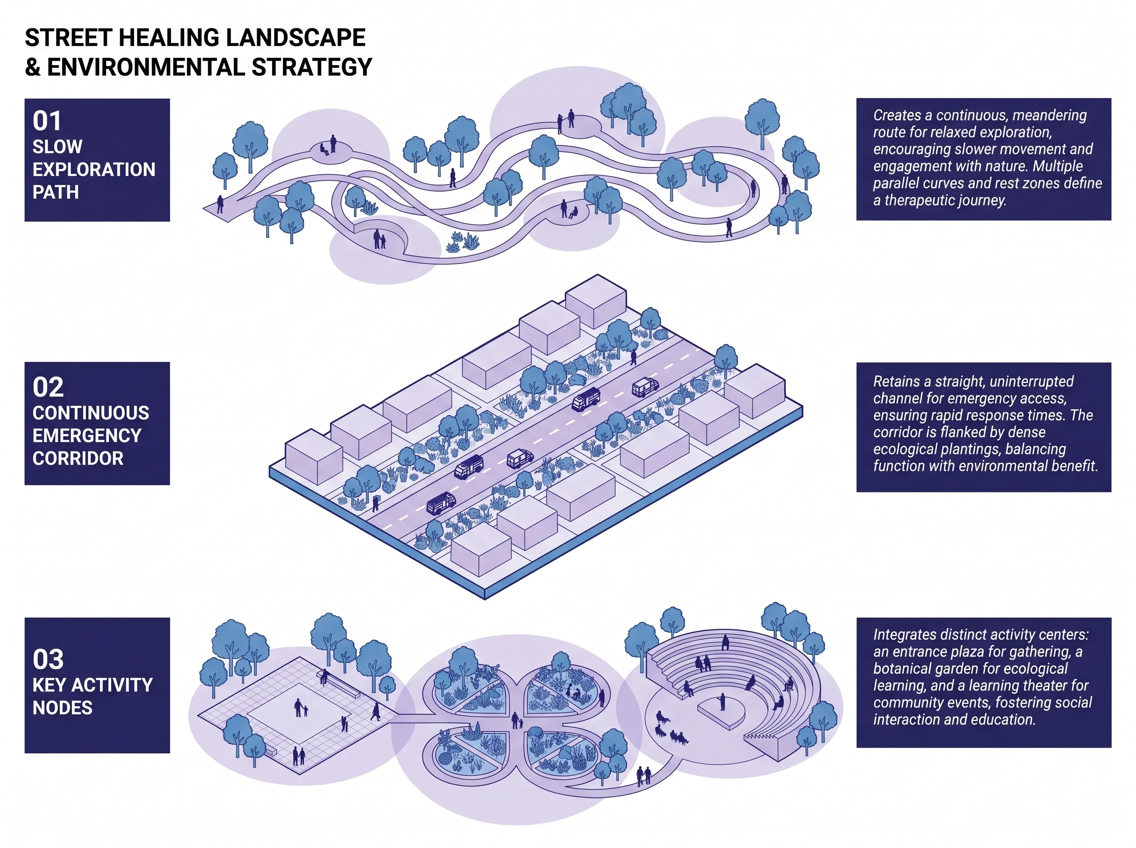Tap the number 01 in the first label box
coord(47,121)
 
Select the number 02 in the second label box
coord(48,387)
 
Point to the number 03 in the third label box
coord(48,659)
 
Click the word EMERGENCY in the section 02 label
coord(87,436)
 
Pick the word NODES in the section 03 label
coord(62,708)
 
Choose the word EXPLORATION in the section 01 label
coord(94,169)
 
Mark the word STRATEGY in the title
coord(311,67)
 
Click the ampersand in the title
coord(33,67)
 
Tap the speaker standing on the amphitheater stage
coord(722,702)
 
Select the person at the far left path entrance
coord(220,204)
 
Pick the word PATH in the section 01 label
coord(55,193)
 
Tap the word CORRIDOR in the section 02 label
coord(78,459)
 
